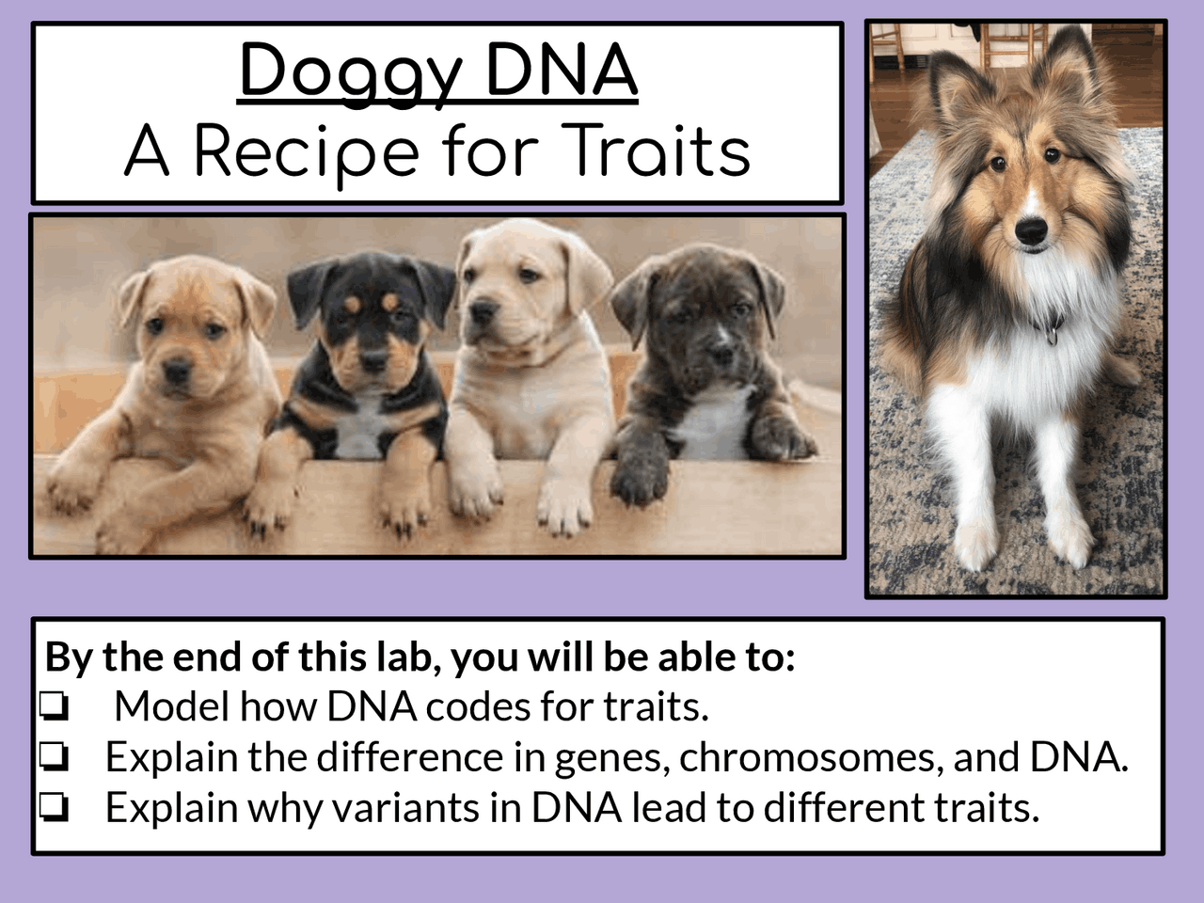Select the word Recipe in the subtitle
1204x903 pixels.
tap(306, 152)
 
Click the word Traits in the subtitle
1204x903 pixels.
tap(657, 152)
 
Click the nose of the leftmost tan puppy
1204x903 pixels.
tap(176, 372)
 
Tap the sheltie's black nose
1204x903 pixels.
tap(1032, 227)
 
